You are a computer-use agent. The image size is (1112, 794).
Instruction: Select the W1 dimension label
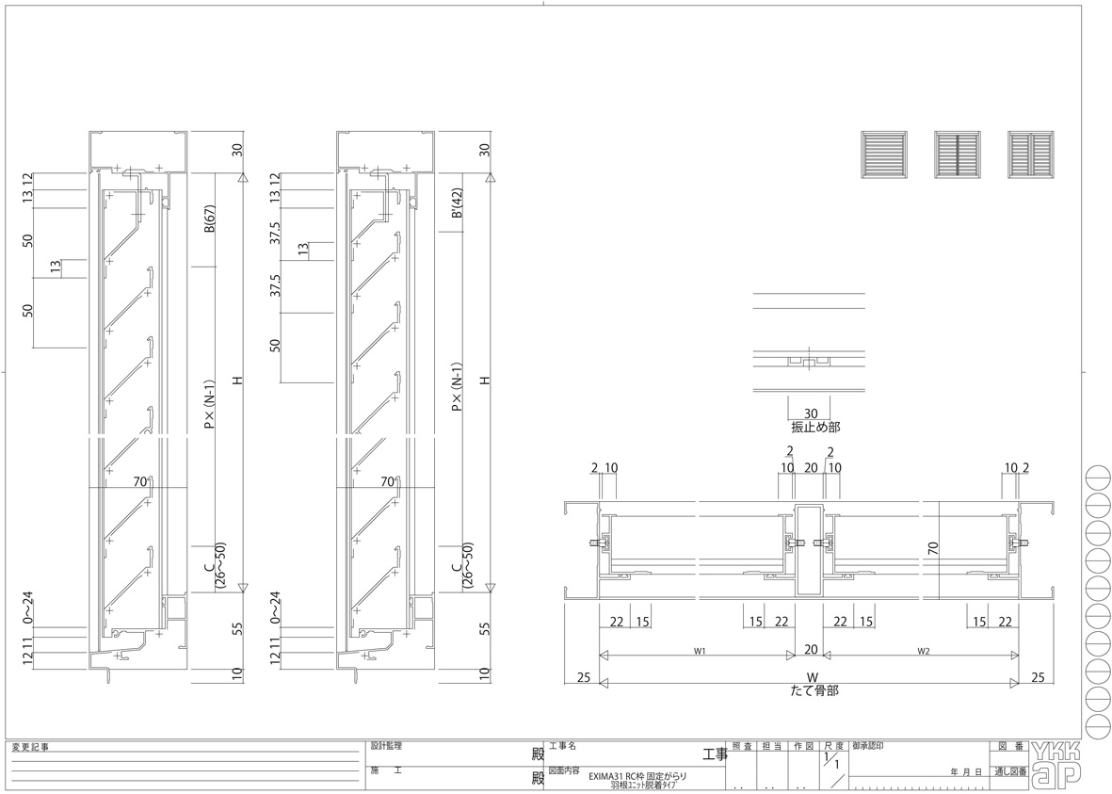700,650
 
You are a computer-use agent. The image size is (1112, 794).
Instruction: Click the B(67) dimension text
211,217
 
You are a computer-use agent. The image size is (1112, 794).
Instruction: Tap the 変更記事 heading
30,747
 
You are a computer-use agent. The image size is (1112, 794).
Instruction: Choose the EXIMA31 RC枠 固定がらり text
637,776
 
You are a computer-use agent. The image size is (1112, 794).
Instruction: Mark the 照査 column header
742,746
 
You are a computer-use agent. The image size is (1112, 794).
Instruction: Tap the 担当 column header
772,746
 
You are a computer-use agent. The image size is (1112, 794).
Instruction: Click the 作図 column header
802,746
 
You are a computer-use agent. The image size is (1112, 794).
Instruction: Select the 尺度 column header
832,746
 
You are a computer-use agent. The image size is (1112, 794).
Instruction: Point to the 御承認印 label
868,746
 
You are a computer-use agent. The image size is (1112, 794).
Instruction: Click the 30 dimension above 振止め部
809,413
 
